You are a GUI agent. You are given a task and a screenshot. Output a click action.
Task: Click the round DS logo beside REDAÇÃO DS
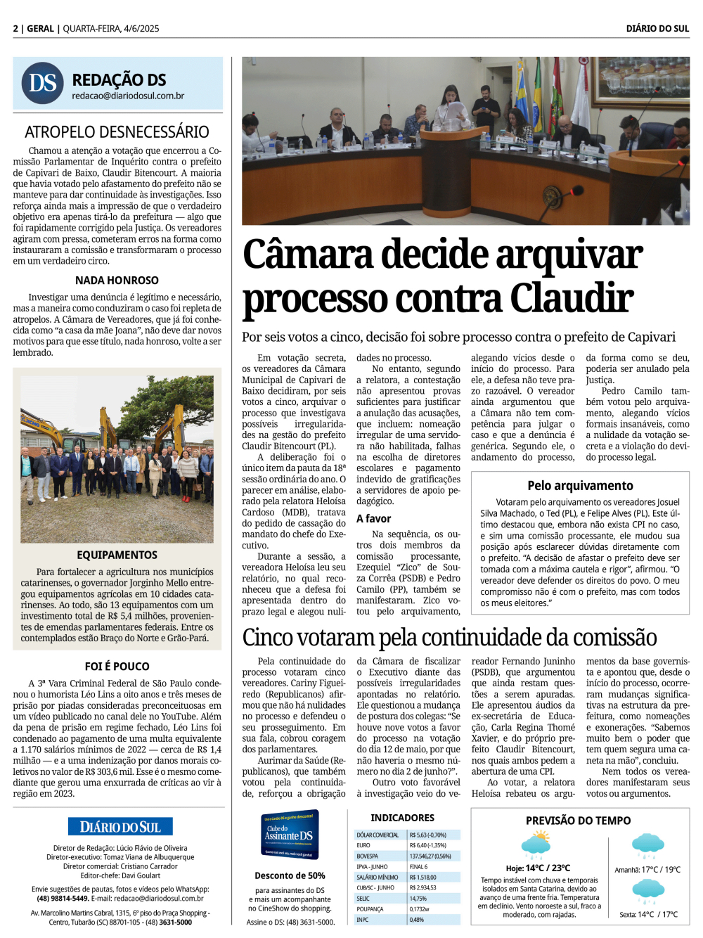pos(42,83)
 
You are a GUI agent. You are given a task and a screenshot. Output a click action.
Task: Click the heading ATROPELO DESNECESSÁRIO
pos(117,132)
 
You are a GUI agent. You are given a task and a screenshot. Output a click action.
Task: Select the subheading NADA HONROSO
pos(117,280)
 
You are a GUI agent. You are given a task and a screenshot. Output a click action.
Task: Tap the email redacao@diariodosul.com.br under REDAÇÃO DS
pos(128,96)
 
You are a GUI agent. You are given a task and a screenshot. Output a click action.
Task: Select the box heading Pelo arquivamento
pos(580,485)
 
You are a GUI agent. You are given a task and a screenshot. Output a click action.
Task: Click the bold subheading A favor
pos(373,518)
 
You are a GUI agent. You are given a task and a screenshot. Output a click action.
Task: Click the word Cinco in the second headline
pos(269,637)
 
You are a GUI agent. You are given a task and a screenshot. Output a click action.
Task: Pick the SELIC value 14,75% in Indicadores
pos(418,899)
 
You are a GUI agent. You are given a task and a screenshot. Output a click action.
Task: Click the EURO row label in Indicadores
pos(363,845)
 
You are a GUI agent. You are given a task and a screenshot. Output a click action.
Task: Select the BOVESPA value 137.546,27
pos(430,856)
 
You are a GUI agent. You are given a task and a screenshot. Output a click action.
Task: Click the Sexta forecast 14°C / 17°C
pos(648,915)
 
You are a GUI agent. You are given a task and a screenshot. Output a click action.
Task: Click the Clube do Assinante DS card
pos(289,835)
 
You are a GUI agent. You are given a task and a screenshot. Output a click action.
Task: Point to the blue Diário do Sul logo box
pos(120,827)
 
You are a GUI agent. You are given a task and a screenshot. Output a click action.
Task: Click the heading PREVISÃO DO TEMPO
pos(578,821)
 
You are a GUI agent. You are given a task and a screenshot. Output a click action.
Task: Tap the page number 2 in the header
pos(15,29)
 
